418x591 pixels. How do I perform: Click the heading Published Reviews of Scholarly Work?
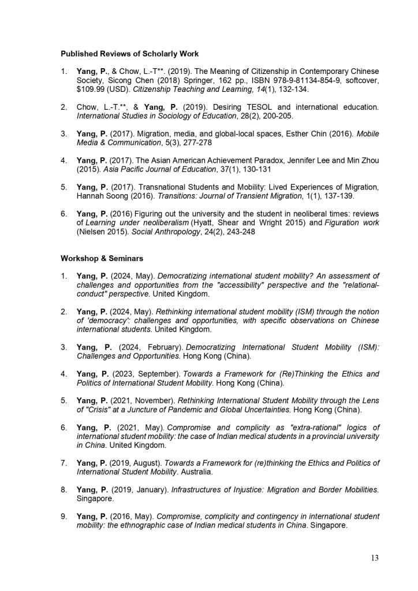click(130, 54)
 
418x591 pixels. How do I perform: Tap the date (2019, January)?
click(138, 490)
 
